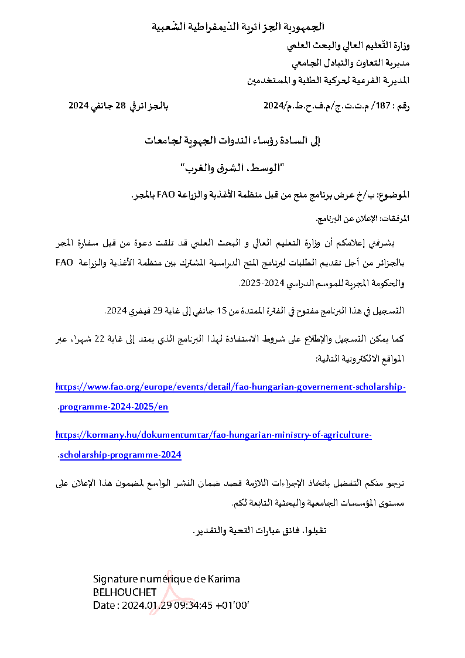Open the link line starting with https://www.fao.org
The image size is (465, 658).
pos(230,387)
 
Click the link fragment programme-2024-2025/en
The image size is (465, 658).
pos(114,407)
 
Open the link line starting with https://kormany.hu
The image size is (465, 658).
pos(213,435)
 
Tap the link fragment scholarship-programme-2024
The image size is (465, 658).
pos(121,455)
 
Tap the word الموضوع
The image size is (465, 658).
pos(395,195)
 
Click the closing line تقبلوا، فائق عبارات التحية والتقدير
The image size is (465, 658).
pos(259,531)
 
